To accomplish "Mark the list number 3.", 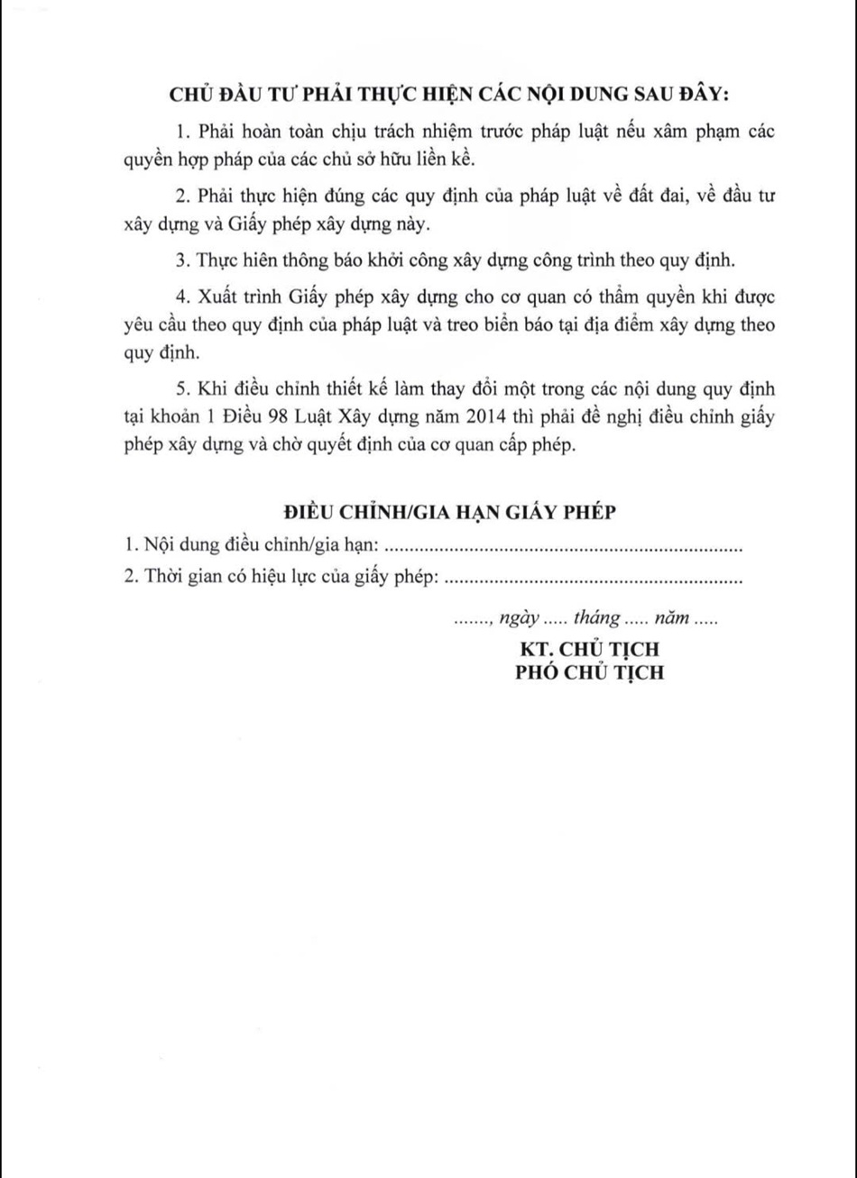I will [181, 261].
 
